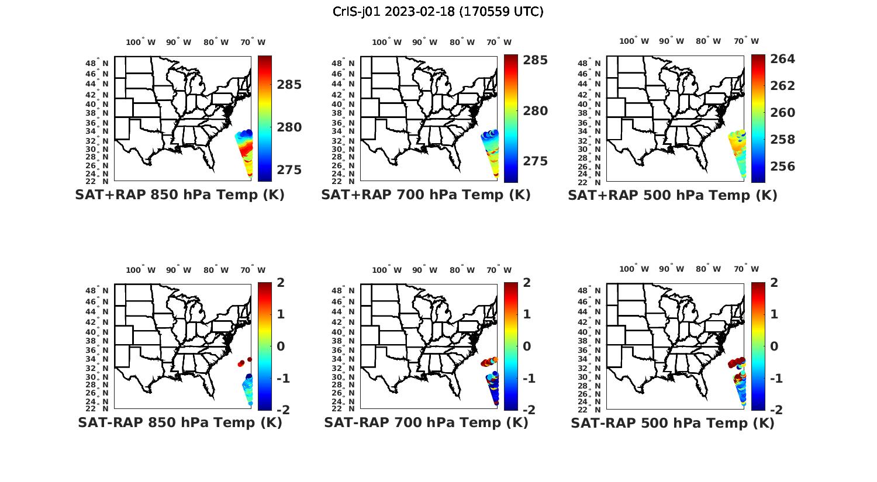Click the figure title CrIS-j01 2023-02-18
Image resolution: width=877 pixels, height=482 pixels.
click(438, 12)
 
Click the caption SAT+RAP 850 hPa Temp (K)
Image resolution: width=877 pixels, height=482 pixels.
click(179, 195)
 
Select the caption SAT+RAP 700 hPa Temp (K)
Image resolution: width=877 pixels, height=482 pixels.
click(426, 195)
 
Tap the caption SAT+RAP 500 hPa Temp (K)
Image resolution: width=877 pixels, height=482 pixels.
click(672, 195)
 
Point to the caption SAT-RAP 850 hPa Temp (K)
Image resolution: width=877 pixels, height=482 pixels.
click(179, 422)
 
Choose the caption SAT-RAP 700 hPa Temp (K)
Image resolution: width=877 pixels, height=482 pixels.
click(426, 422)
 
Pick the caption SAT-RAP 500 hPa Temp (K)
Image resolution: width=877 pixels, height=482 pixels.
click(672, 423)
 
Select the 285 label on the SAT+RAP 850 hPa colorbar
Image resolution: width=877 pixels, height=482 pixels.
click(289, 85)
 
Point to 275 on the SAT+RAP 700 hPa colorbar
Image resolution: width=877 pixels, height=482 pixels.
click(536, 161)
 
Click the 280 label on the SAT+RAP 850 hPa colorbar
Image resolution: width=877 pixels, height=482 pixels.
click(289, 127)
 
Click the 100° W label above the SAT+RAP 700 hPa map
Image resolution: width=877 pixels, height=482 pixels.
click(386, 42)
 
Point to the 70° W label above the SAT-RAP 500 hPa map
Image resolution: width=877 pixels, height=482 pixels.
click(746, 269)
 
